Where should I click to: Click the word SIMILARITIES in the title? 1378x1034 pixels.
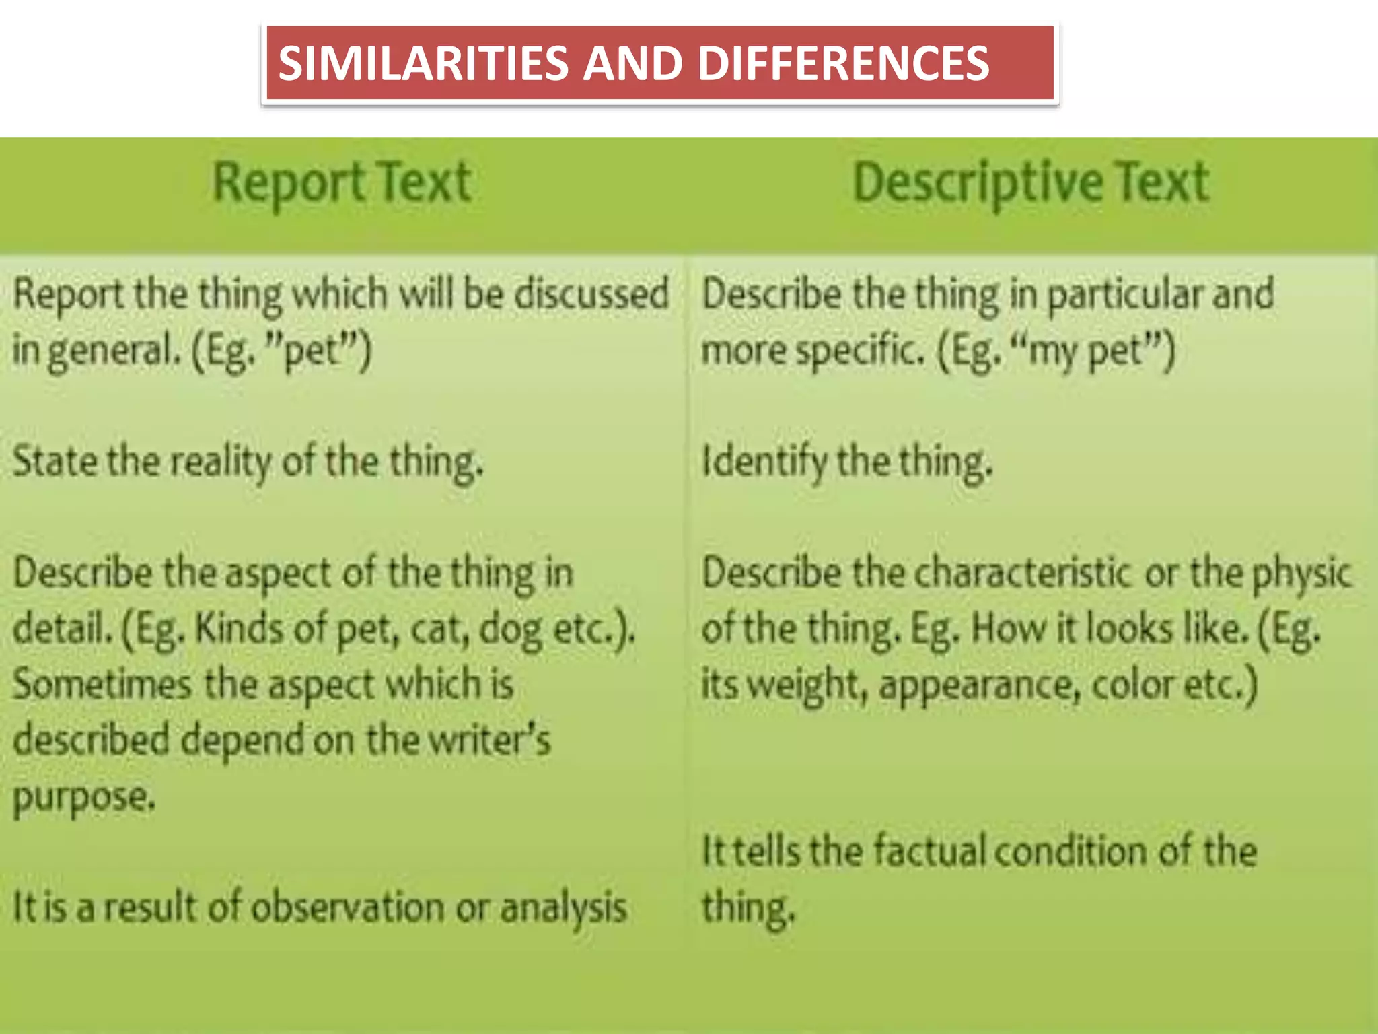(x=423, y=64)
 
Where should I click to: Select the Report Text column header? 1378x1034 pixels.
(x=342, y=183)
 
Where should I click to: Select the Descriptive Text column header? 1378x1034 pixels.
(x=1031, y=183)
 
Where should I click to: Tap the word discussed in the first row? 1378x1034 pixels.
(x=591, y=294)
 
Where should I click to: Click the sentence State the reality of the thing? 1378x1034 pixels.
(x=248, y=462)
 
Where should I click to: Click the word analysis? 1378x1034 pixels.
(x=563, y=907)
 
